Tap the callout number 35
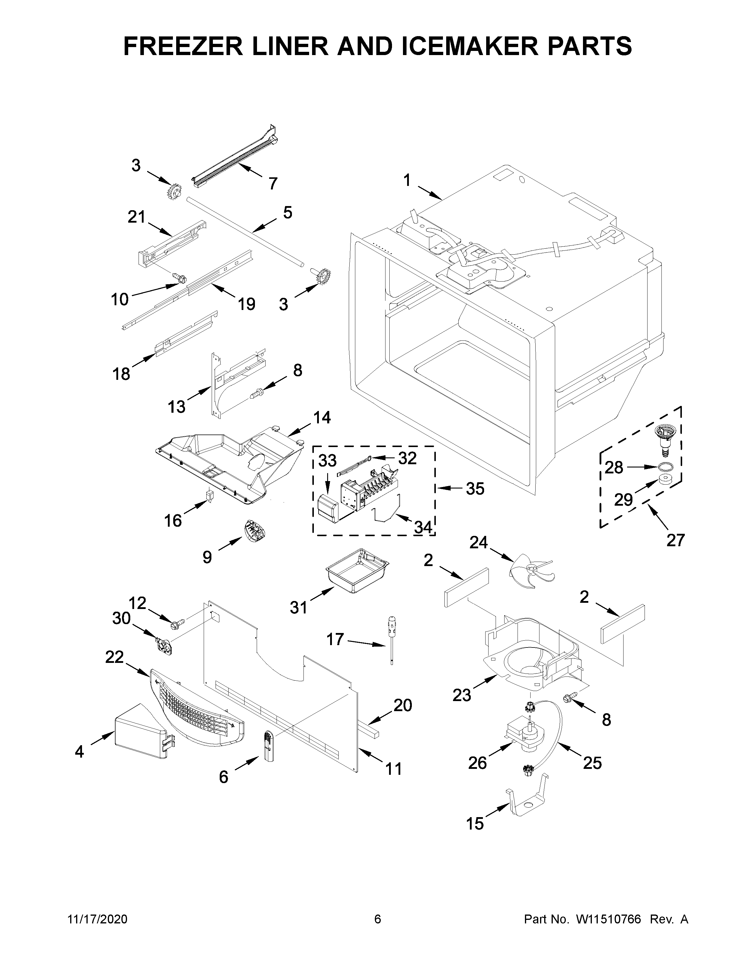[x=475, y=489]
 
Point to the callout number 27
[x=675, y=540]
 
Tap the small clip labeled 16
[x=209, y=496]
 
